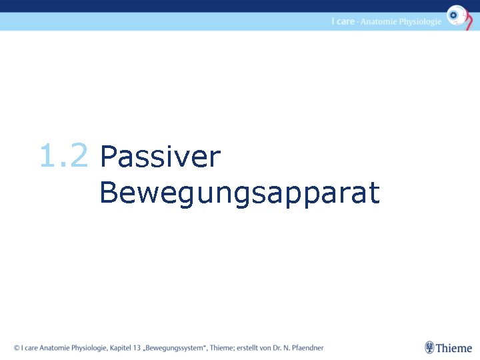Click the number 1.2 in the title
click(x=63, y=157)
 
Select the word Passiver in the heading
click(x=159, y=158)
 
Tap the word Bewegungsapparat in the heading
click(x=239, y=194)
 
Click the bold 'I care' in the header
click(x=343, y=21)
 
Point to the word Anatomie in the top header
click(x=379, y=21)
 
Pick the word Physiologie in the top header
click(x=421, y=22)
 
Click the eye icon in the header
click(x=457, y=15)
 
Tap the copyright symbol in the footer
click(x=17, y=347)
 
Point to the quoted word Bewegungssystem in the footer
click(x=175, y=347)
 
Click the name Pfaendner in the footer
click(x=305, y=347)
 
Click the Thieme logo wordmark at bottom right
click(x=454, y=348)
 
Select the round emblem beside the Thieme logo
click(x=430, y=347)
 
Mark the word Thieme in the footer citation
click(x=222, y=347)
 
